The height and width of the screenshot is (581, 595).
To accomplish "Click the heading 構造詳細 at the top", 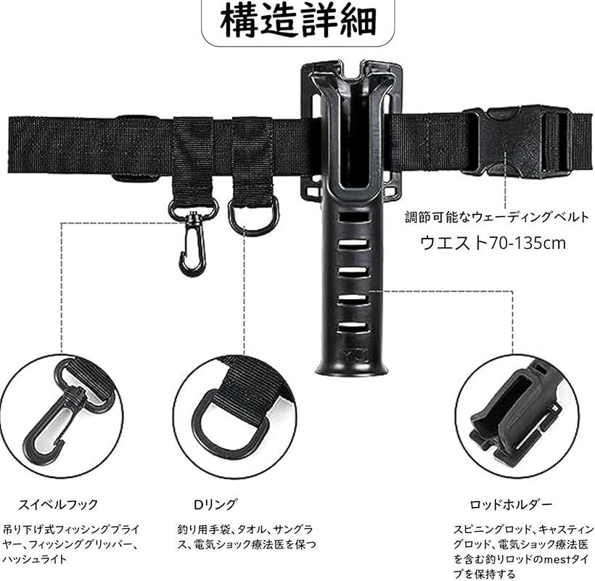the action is tap(298, 20).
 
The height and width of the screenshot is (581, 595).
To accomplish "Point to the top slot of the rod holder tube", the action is tap(353, 218).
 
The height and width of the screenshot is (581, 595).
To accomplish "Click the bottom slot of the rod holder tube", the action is tap(353, 326).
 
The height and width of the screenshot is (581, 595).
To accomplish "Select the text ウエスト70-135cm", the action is tap(493, 243).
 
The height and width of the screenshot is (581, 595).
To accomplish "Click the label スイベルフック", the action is tap(58, 504).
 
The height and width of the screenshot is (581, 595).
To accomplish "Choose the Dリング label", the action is tap(216, 504).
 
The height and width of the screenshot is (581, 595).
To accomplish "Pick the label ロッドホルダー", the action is tap(511, 505).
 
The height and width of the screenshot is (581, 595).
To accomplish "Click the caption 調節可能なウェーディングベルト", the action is tap(497, 218).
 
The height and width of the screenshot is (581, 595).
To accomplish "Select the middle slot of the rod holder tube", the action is tap(353, 272).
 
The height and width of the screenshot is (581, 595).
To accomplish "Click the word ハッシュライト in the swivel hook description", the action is tap(35, 559).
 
